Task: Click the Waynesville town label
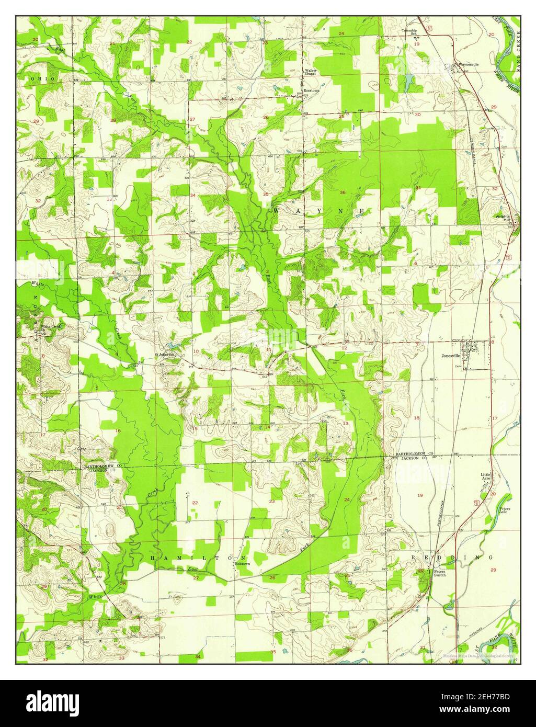point(469,64)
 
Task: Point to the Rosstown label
point(312,90)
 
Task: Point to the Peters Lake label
point(504,510)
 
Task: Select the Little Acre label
point(486,476)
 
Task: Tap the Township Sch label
point(409,32)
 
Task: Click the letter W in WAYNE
point(276,210)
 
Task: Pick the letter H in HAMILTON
point(153,558)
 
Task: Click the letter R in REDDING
point(413,558)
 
